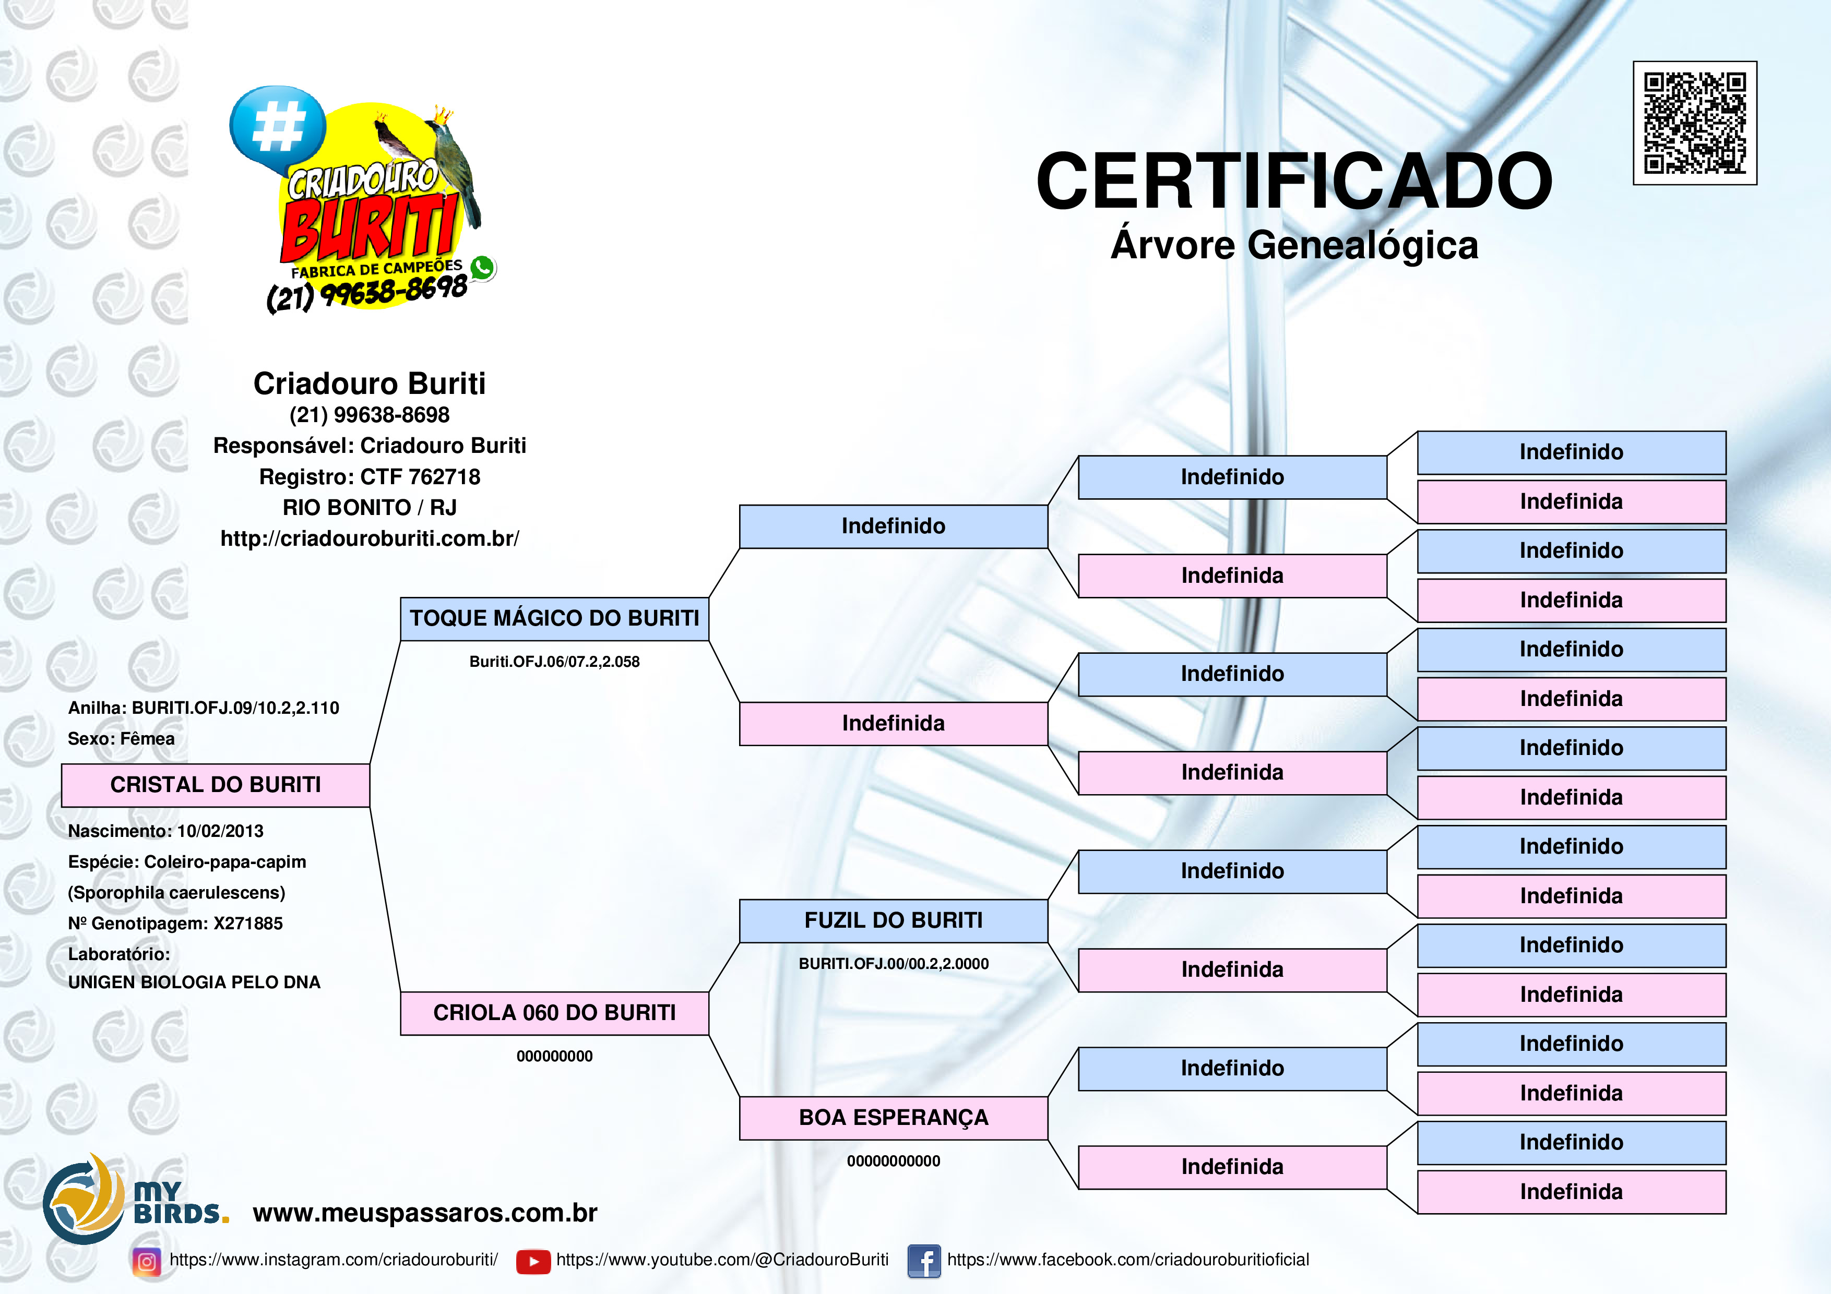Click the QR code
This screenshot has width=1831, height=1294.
pyautogui.click(x=1695, y=123)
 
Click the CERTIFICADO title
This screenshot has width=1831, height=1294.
pyautogui.click(x=1293, y=181)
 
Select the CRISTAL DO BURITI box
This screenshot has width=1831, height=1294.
pyautogui.click(x=216, y=785)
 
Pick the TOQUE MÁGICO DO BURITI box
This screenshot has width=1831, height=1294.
pyautogui.click(x=554, y=619)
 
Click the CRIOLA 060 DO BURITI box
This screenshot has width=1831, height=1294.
pyautogui.click(x=554, y=1013)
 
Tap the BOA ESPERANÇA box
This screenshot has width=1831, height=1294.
pyautogui.click(x=893, y=1118)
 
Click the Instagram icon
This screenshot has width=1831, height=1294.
pyautogui.click(x=147, y=1261)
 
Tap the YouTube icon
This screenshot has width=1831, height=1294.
pyautogui.click(x=533, y=1261)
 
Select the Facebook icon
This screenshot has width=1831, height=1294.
pyautogui.click(x=923, y=1261)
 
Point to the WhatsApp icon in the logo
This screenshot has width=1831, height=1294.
pyautogui.click(x=482, y=268)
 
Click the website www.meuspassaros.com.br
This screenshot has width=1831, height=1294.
pyautogui.click(x=425, y=1213)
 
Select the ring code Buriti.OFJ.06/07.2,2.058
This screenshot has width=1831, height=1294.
pyautogui.click(x=554, y=662)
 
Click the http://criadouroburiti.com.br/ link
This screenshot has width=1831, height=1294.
pyautogui.click(x=369, y=539)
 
